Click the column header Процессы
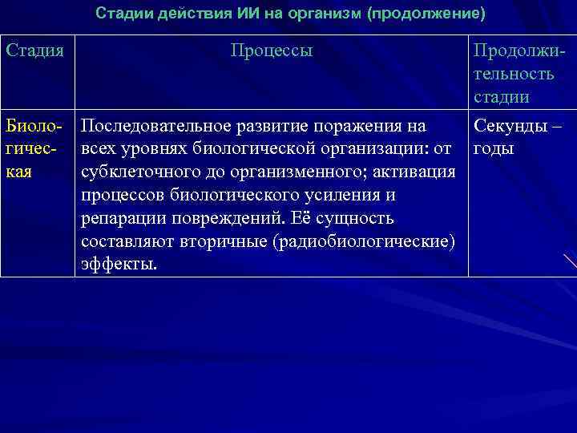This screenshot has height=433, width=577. click(272, 51)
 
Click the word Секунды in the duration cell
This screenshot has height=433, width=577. click(510, 127)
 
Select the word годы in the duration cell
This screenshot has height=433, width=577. click(494, 150)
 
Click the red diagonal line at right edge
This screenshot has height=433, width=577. click(569, 261)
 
